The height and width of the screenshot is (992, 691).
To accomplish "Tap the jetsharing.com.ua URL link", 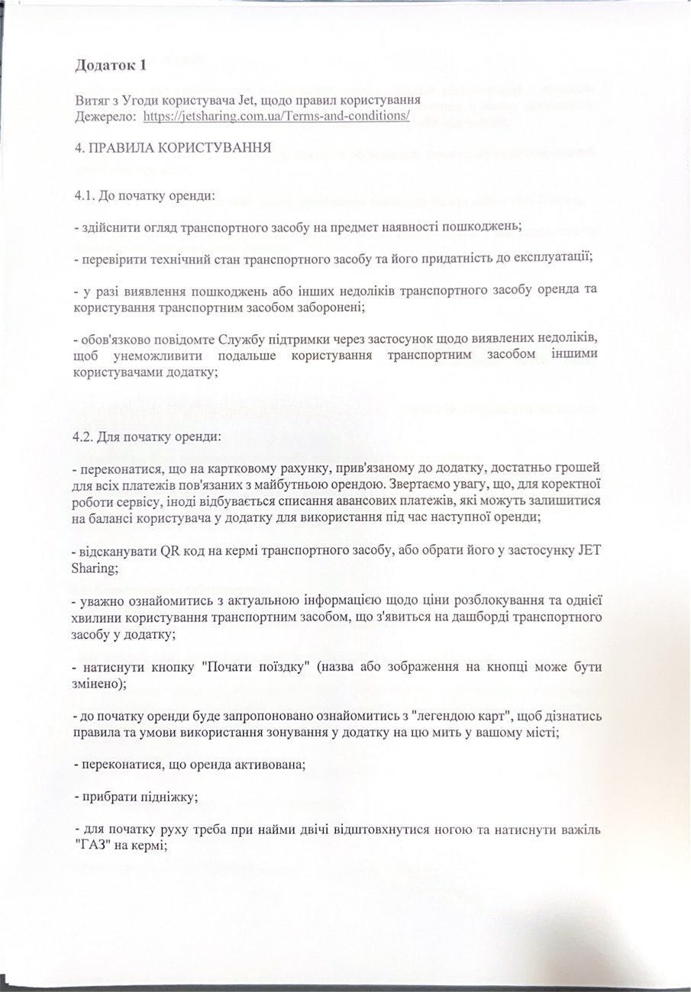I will pyautogui.click(x=276, y=116).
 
